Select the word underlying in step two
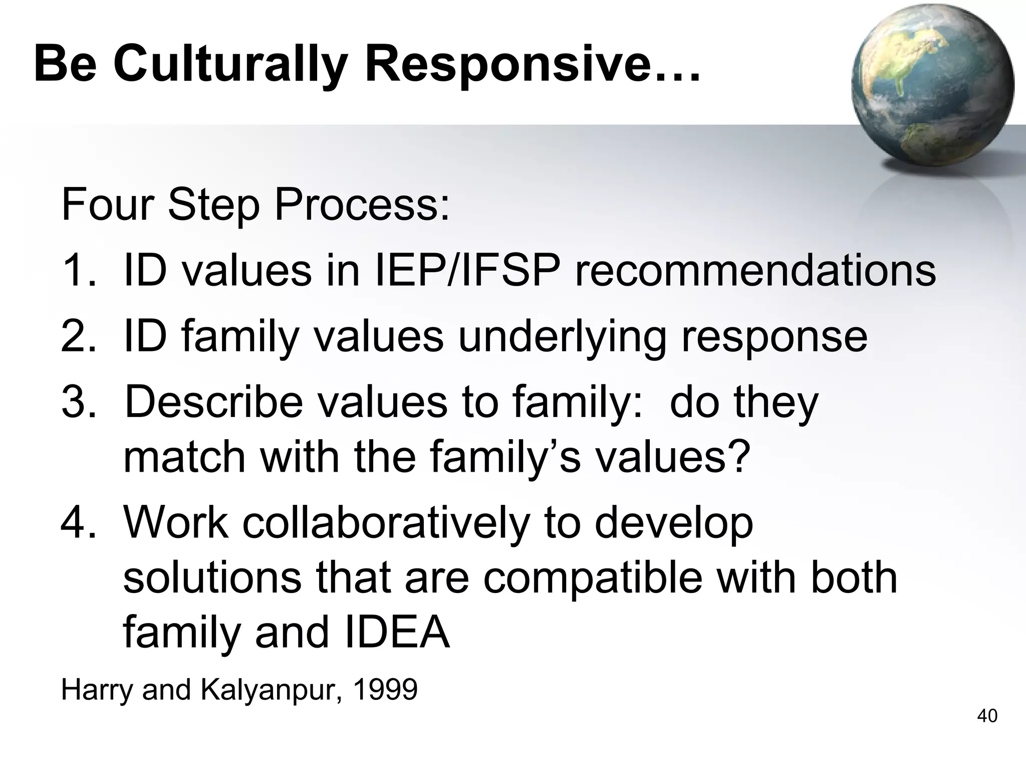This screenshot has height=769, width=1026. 562,337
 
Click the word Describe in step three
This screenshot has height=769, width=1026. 213,402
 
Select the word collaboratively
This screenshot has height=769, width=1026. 386,523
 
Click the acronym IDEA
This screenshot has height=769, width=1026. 396,633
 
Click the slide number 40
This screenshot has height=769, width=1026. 987,716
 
